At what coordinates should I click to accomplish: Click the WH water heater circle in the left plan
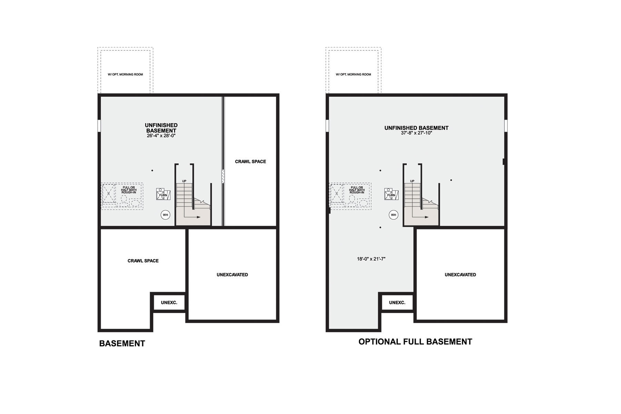point(165,215)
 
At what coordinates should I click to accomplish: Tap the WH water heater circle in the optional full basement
point(393,215)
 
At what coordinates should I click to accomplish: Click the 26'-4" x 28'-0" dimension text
point(161,136)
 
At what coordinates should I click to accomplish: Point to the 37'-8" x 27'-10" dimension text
point(416,133)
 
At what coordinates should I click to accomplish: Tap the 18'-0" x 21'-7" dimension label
point(371,259)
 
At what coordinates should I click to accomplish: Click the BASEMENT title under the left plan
point(122,344)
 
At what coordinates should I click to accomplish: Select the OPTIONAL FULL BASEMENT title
point(415,342)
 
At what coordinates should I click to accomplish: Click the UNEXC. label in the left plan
point(169,303)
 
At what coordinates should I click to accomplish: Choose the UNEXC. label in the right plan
point(397,303)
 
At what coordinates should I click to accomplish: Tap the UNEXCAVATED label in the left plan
point(232,275)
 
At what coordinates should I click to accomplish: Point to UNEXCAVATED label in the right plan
point(460,275)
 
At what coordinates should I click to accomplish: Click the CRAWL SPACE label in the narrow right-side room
point(250,161)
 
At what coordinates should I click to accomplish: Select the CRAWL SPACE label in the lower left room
point(143,261)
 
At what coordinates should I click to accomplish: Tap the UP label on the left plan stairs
point(184,181)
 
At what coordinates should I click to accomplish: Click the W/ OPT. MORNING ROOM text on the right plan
point(353,75)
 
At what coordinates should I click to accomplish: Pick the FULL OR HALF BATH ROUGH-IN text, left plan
point(129,190)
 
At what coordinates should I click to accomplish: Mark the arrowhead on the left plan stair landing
point(198,217)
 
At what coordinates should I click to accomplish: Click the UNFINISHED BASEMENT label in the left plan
point(161,128)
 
